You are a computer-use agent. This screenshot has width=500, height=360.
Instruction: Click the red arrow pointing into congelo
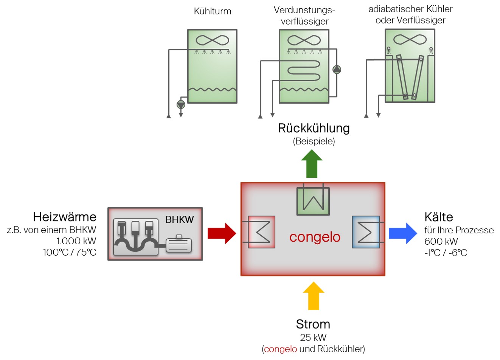coord(222,233)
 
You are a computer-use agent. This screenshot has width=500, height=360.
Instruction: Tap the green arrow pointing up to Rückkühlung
coord(312,164)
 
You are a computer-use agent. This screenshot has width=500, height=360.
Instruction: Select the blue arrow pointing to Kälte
coord(403,233)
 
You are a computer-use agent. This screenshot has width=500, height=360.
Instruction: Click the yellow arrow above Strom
coord(314,296)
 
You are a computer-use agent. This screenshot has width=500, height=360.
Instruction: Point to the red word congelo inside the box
coord(315,237)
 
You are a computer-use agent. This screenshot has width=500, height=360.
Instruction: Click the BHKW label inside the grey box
coord(179,219)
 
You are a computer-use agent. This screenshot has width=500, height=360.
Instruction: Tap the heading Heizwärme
coord(65,217)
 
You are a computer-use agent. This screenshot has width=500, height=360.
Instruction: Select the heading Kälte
coord(438,217)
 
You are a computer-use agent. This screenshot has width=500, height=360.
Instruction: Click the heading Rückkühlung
coord(314,128)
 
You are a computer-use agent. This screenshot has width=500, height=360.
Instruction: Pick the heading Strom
coord(313,324)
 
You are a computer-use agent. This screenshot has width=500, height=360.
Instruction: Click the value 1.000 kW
coord(76,241)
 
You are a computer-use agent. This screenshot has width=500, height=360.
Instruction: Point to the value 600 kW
coord(441,241)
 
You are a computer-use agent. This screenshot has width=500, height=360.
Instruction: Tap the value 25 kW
coord(313,337)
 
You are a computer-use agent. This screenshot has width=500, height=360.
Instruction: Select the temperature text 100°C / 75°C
coord(70,252)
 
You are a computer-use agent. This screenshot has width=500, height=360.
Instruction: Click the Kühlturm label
coord(212,11)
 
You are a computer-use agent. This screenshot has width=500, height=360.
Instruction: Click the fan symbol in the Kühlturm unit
coord(212,40)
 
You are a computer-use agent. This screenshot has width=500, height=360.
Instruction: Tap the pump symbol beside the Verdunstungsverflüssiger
coord(337,69)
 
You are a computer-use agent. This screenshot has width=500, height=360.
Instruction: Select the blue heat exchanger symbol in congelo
coord(366,232)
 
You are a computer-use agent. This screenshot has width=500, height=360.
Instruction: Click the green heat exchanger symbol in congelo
coord(313,201)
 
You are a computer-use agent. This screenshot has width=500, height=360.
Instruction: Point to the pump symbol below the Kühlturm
coord(181,104)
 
